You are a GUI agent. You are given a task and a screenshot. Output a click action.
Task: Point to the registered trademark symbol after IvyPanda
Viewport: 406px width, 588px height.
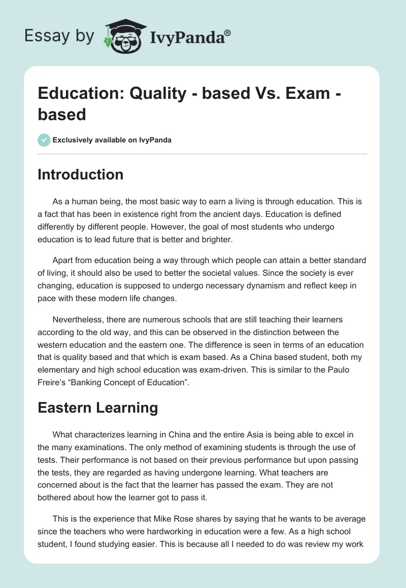tap(228, 32)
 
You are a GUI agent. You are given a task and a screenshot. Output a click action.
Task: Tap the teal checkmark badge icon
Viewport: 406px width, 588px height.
tap(44, 140)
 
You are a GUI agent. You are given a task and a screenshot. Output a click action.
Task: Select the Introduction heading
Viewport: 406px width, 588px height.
tap(80, 174)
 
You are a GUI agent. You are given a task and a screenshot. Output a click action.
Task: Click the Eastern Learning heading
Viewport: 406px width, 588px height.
tap(97, 407)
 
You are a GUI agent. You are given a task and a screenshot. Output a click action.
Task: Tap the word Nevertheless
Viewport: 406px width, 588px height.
tap(80, 320)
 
